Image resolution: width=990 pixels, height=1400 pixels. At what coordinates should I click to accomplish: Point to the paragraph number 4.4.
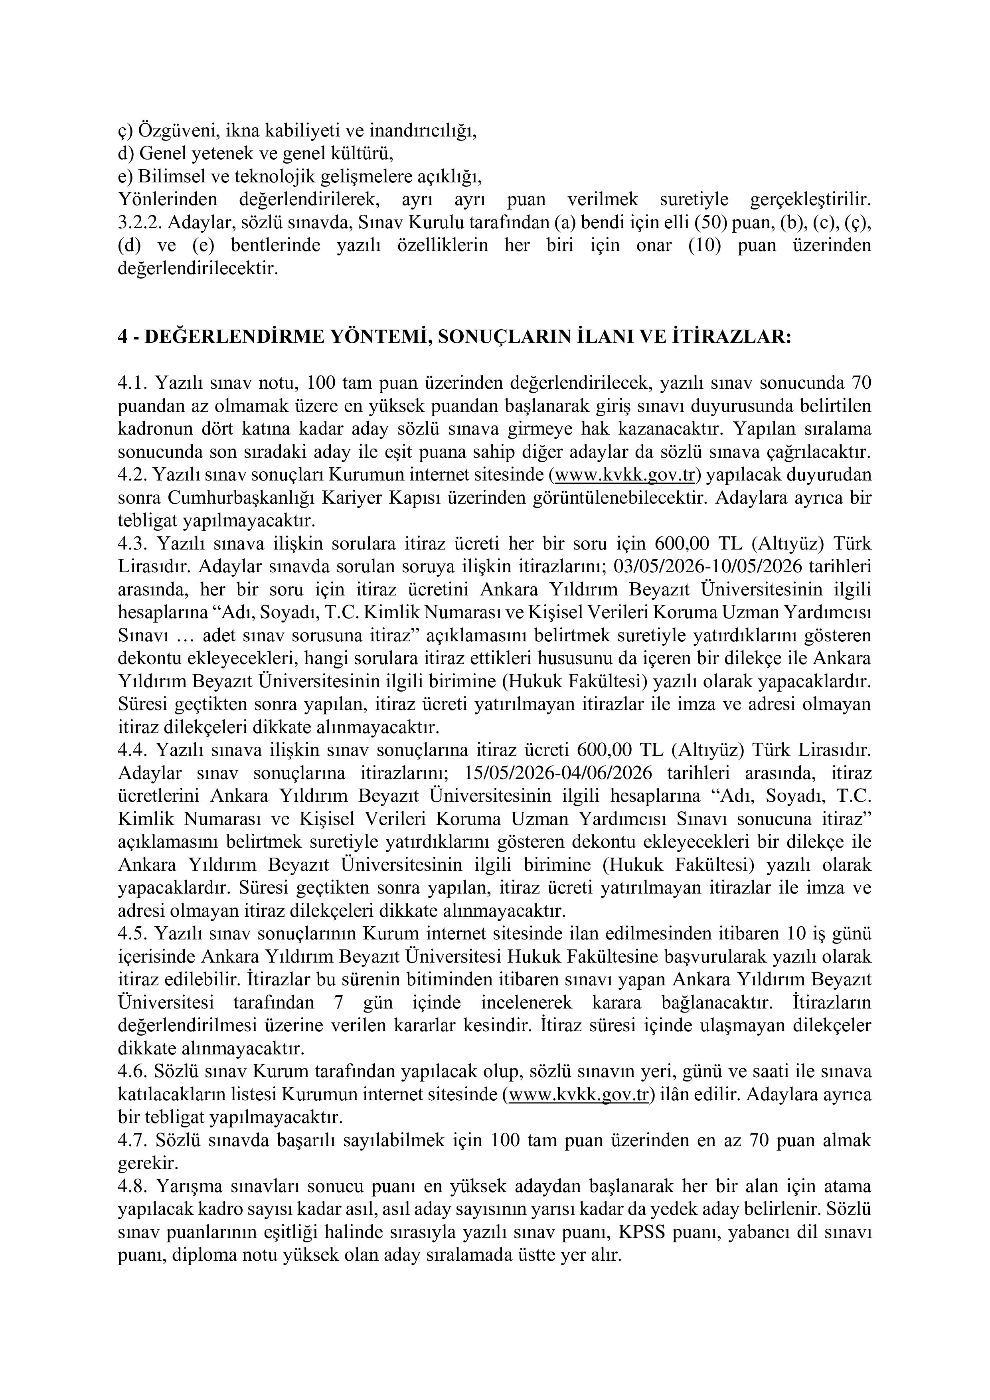tap(133, 750)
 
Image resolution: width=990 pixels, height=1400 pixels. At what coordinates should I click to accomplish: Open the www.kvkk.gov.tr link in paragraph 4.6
tap(578, 1095)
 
